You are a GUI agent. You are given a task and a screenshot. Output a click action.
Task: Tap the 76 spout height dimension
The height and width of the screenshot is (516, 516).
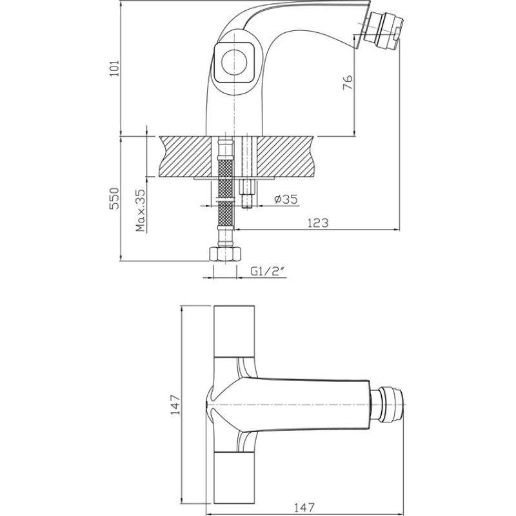click(348, 83)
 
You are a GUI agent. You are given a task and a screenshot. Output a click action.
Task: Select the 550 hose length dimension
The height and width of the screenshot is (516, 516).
click(115, 198)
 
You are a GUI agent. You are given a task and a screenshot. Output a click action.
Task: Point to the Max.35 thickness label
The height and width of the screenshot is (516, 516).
click(141, 210)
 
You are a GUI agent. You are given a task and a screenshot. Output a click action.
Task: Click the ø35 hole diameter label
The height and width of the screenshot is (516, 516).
click(286, 199)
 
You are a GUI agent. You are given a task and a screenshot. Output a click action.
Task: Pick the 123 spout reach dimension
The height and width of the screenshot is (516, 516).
click(318, 223)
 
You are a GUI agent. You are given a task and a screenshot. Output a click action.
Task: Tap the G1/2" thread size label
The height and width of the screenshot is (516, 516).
click(267, 271)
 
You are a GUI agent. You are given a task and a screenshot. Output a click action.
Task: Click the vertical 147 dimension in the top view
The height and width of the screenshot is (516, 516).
click(175, 404)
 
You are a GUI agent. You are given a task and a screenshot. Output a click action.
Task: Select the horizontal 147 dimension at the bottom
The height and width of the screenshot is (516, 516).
click(304, 507)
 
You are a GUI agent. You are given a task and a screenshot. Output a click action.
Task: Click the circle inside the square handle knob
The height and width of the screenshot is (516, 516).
click(234, 63)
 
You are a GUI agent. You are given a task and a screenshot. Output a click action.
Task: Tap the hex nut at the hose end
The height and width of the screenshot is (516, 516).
click(225, 254)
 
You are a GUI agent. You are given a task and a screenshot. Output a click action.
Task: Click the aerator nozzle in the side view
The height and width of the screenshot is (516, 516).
click(383, 28)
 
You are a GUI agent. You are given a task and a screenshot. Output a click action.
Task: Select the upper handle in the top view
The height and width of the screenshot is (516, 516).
click(234, 332)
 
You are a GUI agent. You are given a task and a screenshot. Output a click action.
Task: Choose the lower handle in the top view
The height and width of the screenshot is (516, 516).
click(234, 477)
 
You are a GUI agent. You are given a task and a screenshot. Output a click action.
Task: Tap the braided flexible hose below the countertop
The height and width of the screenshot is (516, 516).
click(225, 194)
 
